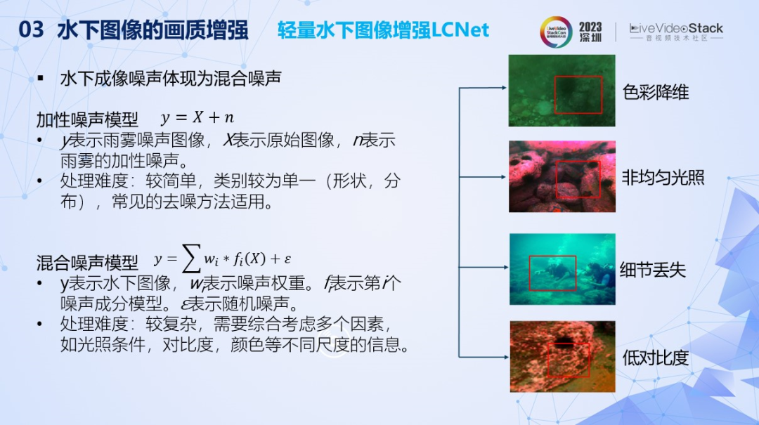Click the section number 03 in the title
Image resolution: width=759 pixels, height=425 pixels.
click(31, 30)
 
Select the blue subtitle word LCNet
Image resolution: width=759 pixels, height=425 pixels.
click(460, 30)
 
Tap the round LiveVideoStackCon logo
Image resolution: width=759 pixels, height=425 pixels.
click(556, 32)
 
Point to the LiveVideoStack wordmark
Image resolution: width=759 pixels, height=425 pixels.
click(676, 29)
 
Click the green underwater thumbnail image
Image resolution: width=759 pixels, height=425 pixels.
click(562, 91)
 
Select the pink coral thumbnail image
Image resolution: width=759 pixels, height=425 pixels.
click(562, 176)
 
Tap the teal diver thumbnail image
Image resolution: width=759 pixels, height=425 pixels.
click(562, 268)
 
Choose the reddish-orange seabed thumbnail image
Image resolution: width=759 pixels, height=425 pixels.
click(562, 356)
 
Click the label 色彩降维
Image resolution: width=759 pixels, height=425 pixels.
click(656, 92)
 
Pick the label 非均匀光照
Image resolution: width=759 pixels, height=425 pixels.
click(663, 177)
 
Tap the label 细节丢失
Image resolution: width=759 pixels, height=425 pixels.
click(653, 270)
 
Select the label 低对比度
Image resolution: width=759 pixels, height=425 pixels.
click(656, 358)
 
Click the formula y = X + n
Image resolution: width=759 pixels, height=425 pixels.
click(197, 118)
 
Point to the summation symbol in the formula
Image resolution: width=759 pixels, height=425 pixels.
click(190, 261)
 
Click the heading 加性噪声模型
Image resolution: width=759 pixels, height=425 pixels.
click(87, 119)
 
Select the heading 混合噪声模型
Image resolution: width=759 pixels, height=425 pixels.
click(87, 263)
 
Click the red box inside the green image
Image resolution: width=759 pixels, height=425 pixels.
click(578, 95)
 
